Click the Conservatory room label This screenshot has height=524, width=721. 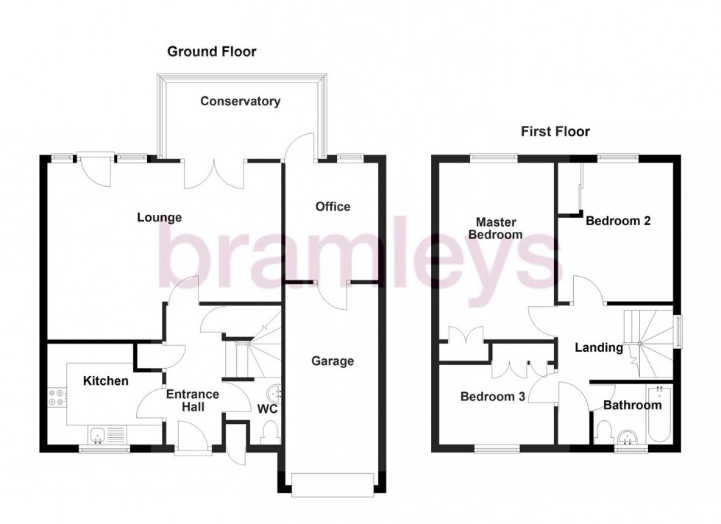(240, 102)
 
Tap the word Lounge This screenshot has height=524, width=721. (159, 217)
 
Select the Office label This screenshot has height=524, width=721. (333, 207)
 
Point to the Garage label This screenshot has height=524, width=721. (332, 361)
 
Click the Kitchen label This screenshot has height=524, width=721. (105, 380)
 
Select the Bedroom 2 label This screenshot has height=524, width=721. (617, 220)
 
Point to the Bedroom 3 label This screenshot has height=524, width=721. (492, 397)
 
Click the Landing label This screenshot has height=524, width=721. (599, 347)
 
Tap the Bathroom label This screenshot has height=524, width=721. (632, 405)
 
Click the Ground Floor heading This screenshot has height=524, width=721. (212, 52)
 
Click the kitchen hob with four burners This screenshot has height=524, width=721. (57, 397)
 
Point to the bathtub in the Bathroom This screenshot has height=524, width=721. (659, 416)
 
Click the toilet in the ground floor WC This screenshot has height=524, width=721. (269, 431)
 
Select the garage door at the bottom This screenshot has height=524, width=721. (332, 483)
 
